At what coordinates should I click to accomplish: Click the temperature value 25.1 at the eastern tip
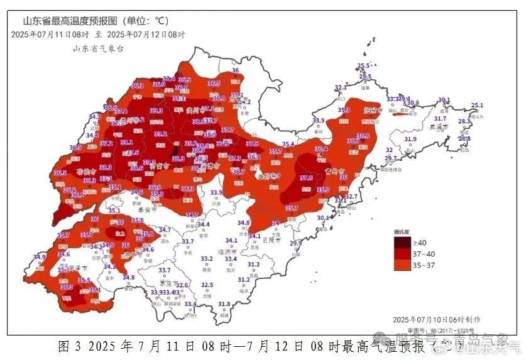(x=477, y=106)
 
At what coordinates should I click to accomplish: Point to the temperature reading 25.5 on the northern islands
(x=363, y=66)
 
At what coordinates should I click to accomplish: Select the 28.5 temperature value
(x=364, y=77)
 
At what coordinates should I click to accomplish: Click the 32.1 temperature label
(x=341, y=88)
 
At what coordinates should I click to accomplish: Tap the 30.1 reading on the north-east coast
(x=444, y=100)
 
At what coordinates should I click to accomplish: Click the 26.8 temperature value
(x=464, y=138)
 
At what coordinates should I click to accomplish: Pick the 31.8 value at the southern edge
(x=224, y=304)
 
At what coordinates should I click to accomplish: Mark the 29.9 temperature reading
(x=295, y=244)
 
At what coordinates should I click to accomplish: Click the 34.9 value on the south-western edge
(x=40, y=257)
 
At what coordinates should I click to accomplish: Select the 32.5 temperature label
(x=207, y=285)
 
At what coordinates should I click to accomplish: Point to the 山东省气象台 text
(x=98, y=48)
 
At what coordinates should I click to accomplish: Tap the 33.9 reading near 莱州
(x=318, y=121)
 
